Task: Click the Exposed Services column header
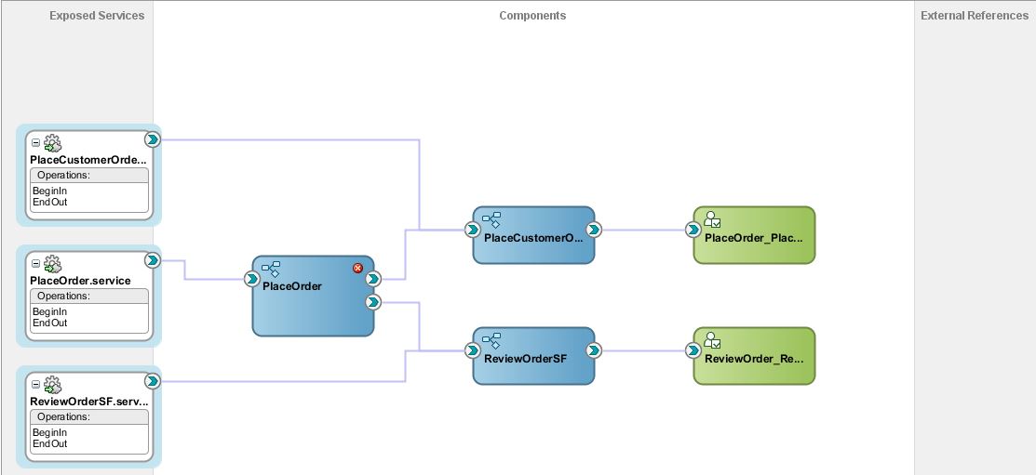tap(97, 16)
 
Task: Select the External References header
tap(974, 16)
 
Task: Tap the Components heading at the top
tap(531, 16)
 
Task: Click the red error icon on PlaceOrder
tap(357, 269)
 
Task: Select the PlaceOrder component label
tap(292, 286)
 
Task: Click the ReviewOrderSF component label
tap(525, 359)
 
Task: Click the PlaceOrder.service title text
tap(80, 281)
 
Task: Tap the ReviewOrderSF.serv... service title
tap(88, 402)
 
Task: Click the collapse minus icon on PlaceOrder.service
tap(36, 265)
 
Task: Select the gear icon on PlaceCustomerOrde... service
tap(52, 143)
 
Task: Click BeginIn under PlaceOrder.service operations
tap(49, 312)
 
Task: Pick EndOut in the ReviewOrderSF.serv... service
tap(49, 444)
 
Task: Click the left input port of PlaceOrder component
tap(251, 279)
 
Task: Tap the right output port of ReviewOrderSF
tap(594, 350)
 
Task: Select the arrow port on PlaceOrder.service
tap(153, 260)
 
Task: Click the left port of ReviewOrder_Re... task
tap(693, 350)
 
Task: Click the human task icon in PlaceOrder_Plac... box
tap(713, 220)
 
